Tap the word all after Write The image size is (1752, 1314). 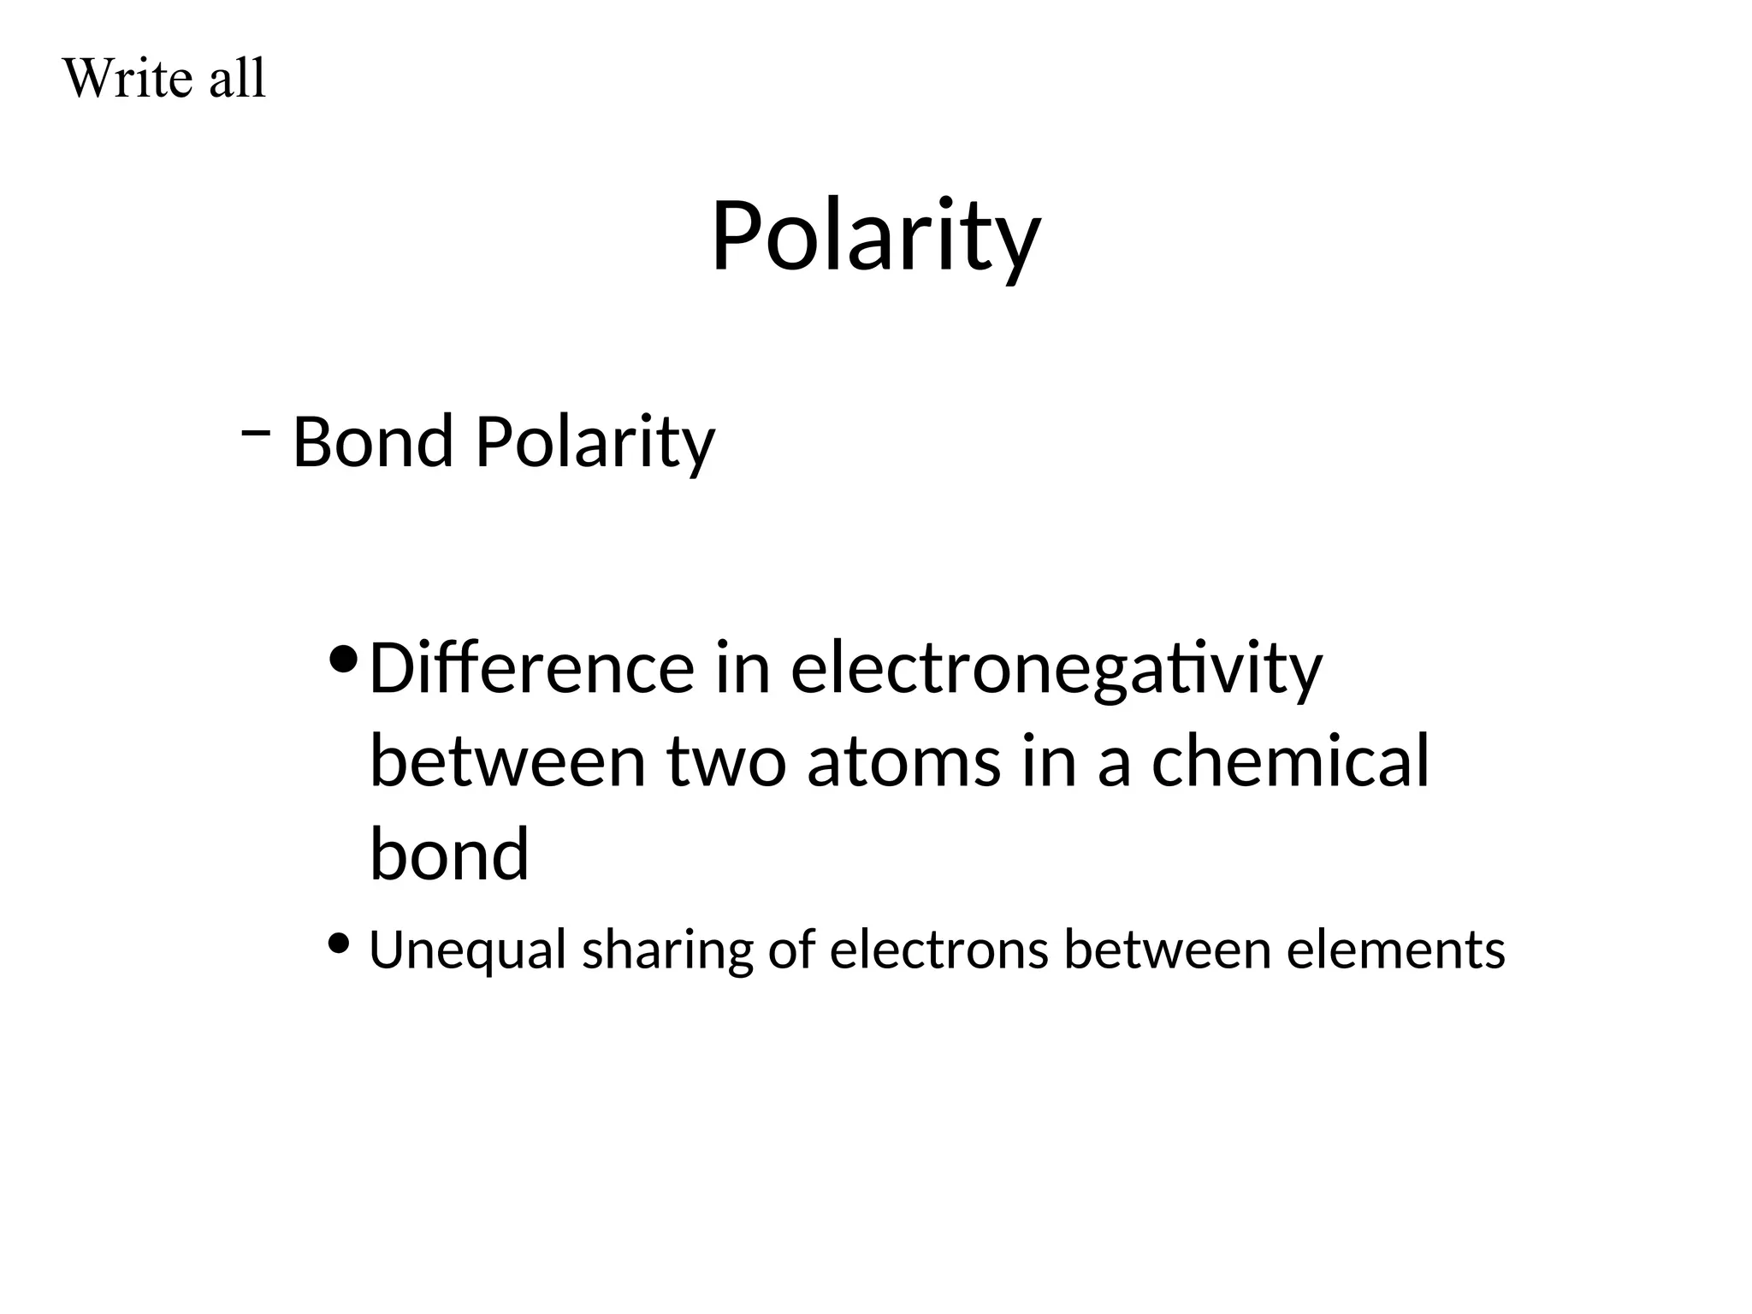(x=238, y=79)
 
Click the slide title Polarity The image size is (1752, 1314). (x=875, y=235)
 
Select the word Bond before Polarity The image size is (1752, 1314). (x=373, y=442)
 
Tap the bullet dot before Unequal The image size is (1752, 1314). (x=339, y=944)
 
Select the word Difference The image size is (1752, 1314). (x=531, y=668)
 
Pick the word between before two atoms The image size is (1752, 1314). (x=507, y=761)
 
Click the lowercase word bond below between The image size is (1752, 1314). (x=449, y=853)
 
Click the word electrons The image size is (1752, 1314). (x=938, y=950)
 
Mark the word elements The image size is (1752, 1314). (x=1396, y=950)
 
